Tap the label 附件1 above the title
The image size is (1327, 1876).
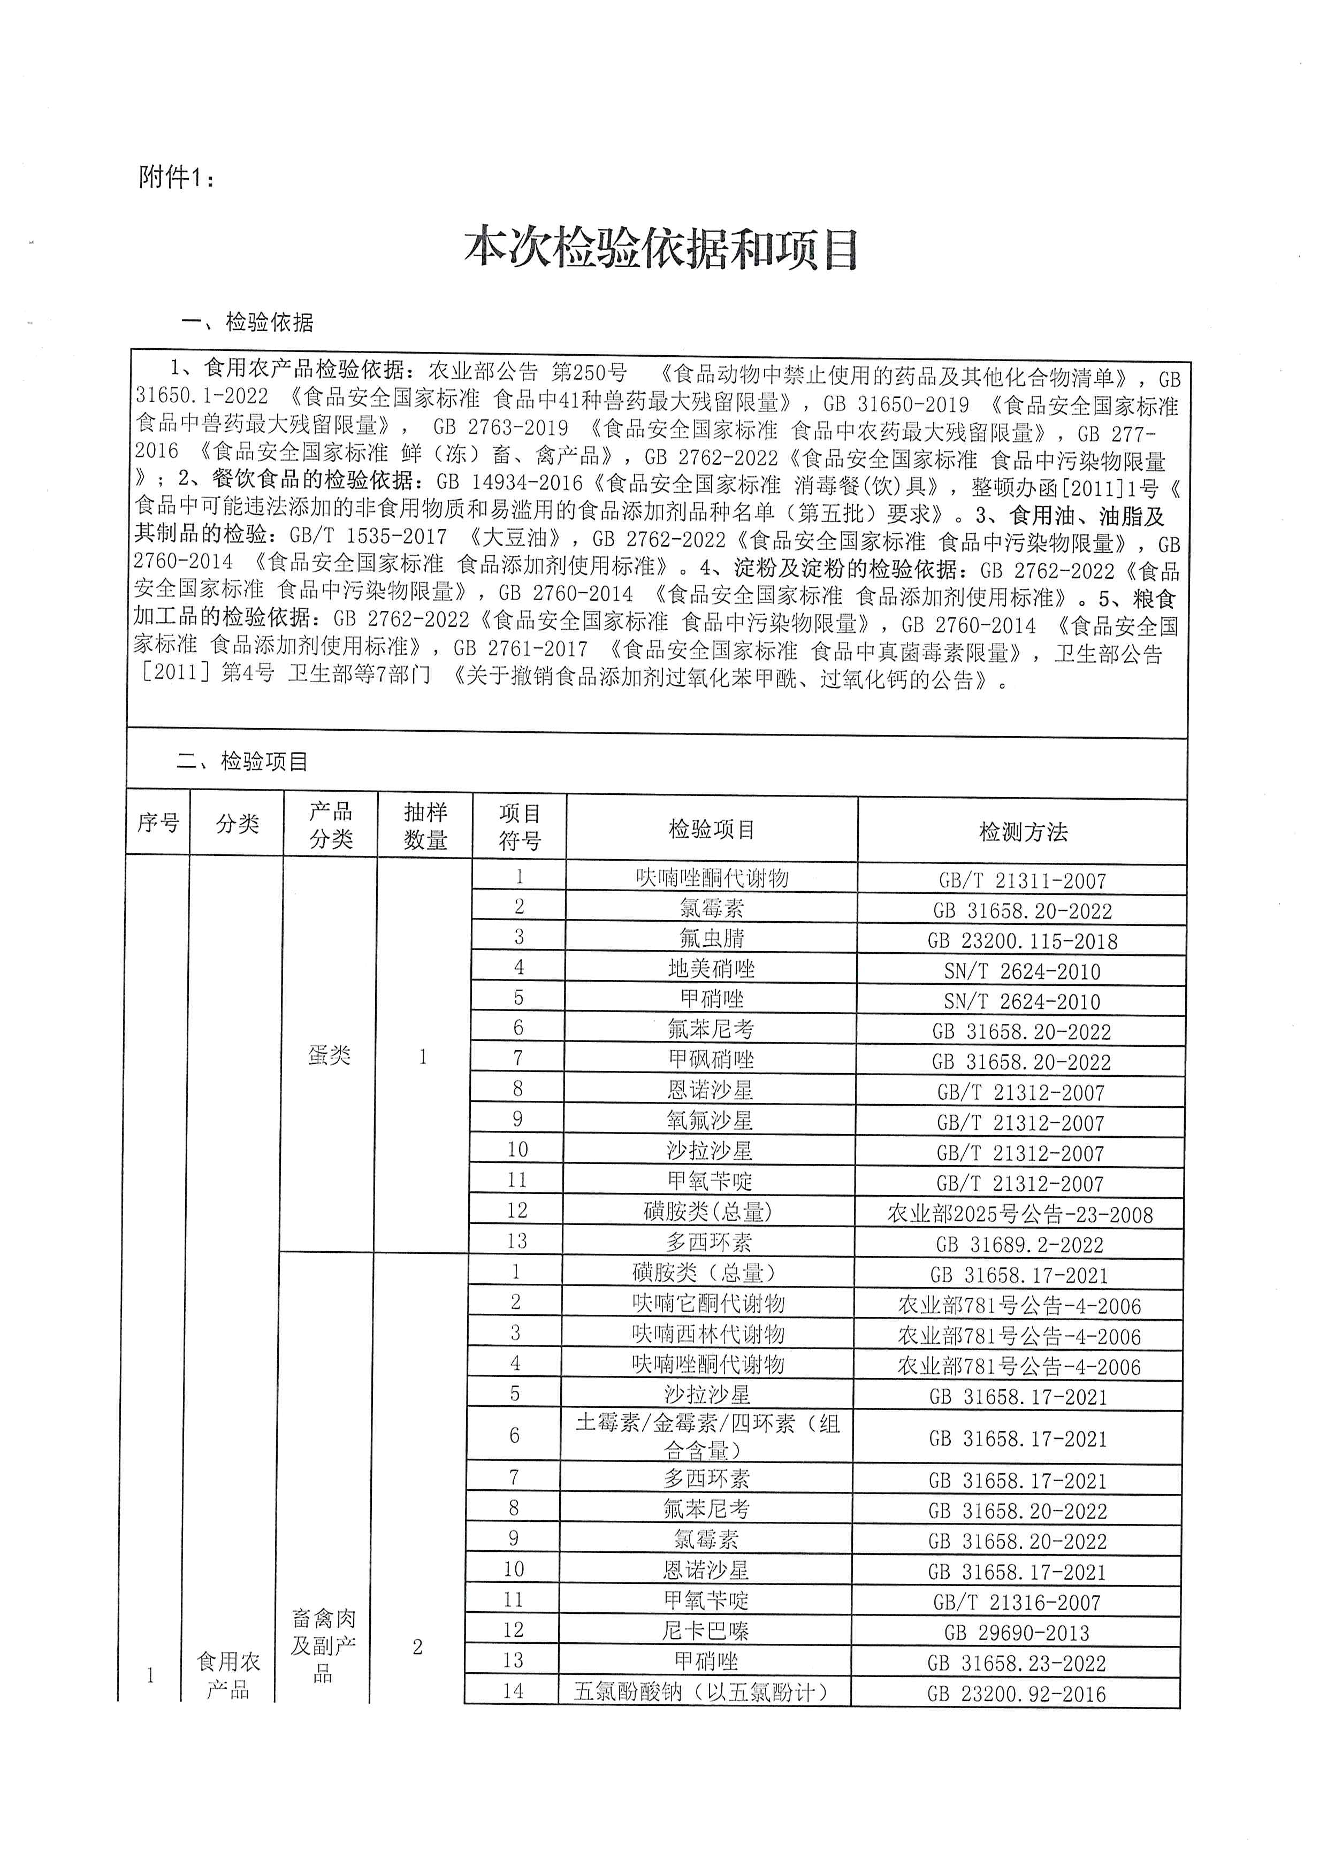pyautogui.click(x=176, y=177)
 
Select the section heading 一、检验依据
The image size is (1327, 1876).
pyautogui.click(x=247, y=323)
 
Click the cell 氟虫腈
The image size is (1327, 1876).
pyautogui.click(x=711, y=938)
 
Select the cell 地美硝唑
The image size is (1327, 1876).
pyautogui.click(x=711, y=969)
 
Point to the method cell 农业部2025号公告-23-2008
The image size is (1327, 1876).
pyautogui.click(x=1020, y=1214)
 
